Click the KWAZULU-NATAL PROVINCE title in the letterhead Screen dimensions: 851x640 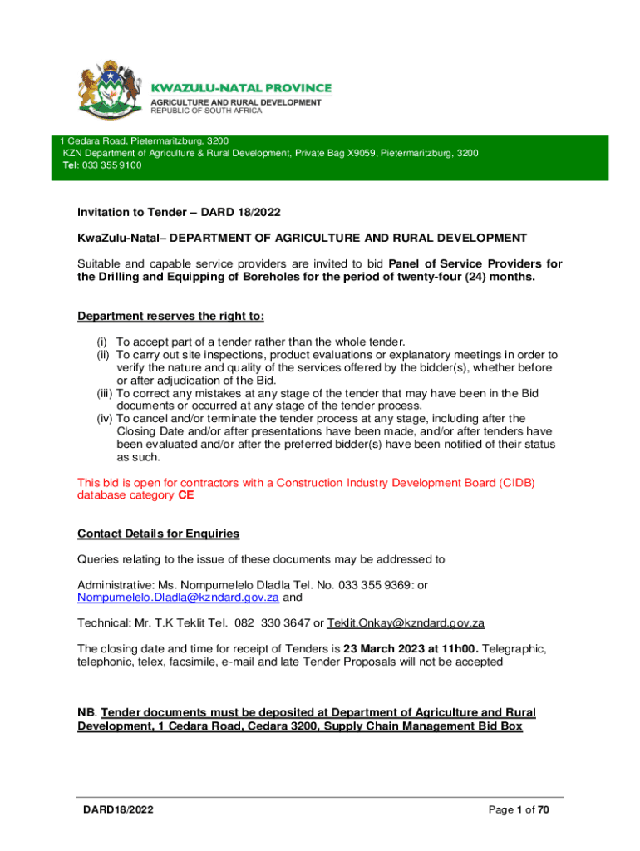(x=240, y=88)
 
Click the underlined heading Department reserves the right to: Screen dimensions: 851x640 (x=170, y=317)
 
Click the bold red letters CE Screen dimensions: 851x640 (x=187, y=495)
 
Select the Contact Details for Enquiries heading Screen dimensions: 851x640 (x=159, y=533)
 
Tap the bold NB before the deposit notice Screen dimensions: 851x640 (x=86, y=712)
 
